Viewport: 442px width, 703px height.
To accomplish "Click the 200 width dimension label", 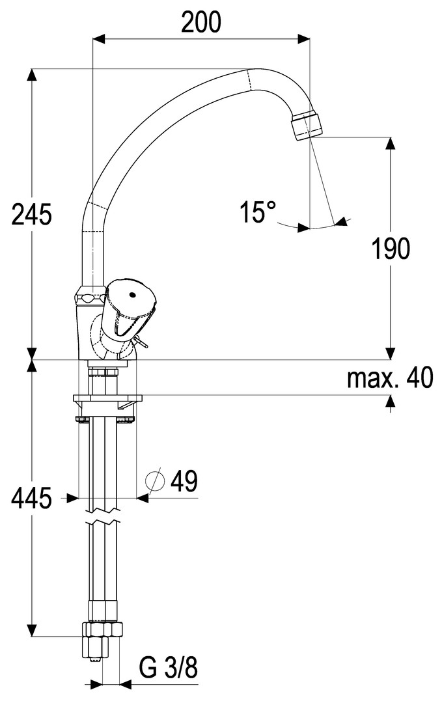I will tap(201, 23).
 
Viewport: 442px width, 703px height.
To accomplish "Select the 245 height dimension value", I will tap(31, 214).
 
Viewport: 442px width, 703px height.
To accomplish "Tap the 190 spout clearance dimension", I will tap(391, 248).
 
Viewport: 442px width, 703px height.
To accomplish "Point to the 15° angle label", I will tap(258, 212).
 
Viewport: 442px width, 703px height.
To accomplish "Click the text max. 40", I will tap(389, 378).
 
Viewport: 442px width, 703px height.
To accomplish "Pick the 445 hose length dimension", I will tap(31, 499).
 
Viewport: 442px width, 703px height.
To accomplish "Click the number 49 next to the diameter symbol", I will tap(184, 482).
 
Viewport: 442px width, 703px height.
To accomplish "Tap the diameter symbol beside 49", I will tap(155, 482).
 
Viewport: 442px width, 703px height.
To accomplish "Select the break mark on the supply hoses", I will tap(103, 523).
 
